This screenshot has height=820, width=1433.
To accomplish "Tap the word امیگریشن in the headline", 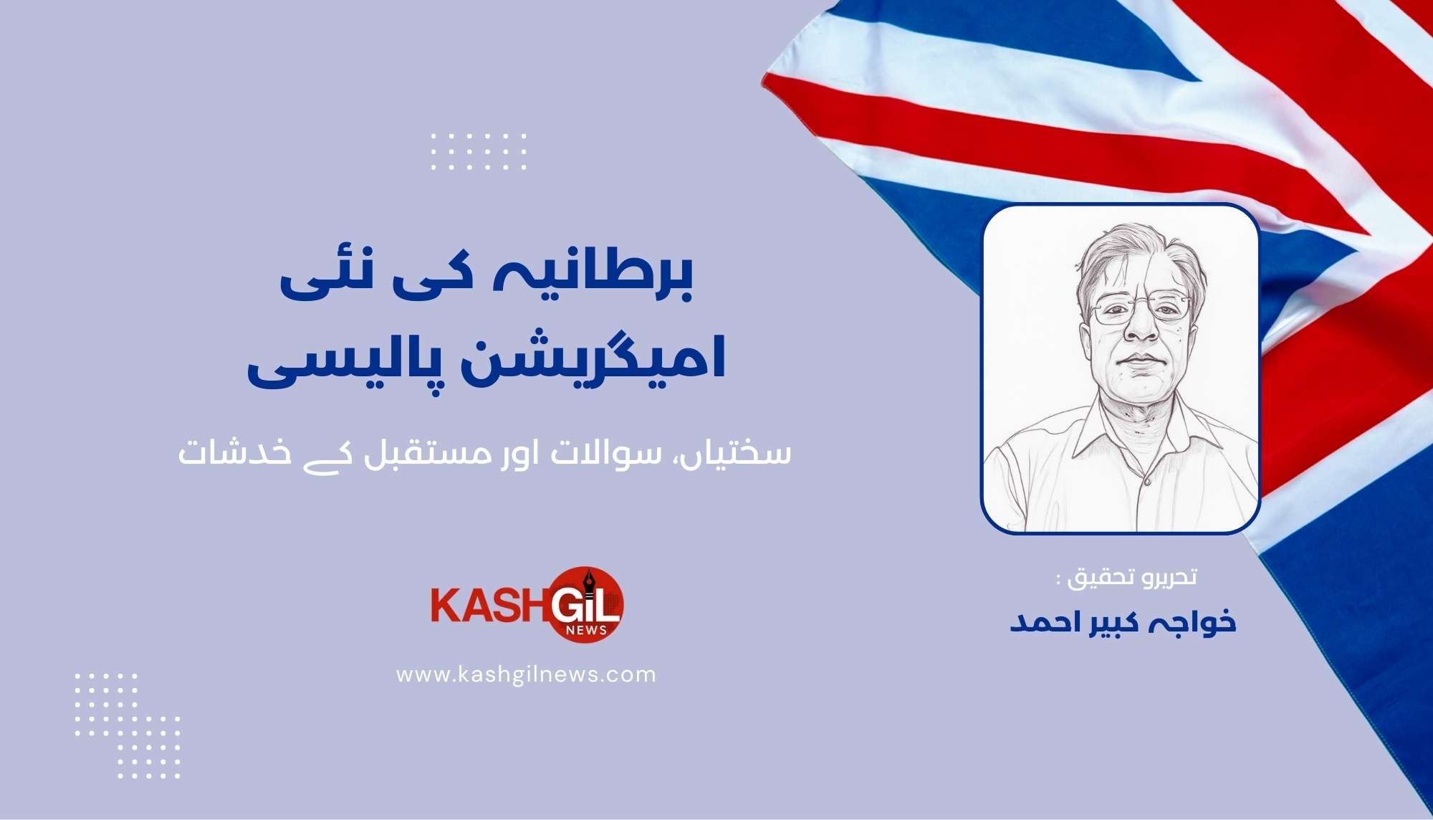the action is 591,358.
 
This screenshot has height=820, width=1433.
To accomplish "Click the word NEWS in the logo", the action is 586,630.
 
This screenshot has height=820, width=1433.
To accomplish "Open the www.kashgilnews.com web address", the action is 526,674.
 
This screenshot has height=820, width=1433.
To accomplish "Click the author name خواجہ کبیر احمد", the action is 1123,622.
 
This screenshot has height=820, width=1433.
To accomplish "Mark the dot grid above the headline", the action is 479,151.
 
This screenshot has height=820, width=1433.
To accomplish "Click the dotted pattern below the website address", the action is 128,725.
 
